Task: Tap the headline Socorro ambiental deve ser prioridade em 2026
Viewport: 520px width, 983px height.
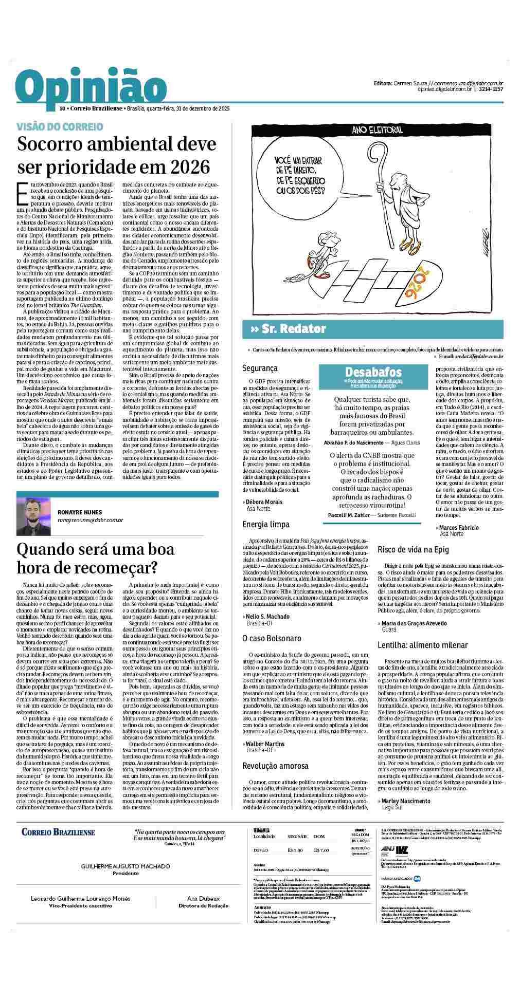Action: coord(117,156)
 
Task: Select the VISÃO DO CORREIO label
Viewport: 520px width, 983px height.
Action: coord(60,126)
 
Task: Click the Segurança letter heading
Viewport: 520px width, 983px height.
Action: coord(260,368)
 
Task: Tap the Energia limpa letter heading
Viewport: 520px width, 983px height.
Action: coord(266,524)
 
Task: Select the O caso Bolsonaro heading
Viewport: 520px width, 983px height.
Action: coord(272,638)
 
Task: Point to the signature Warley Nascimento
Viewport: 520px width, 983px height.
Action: coord(406,801)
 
